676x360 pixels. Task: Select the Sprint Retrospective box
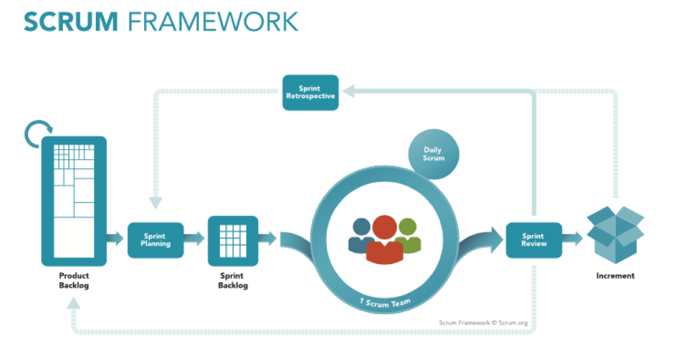coord(310,92)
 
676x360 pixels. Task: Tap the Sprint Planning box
coord(155,239)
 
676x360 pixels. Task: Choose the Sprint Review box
coord(534,239)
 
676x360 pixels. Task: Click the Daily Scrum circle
coord(434,154)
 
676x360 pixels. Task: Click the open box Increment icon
coord(615,233)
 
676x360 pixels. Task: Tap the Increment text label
coord(615,275)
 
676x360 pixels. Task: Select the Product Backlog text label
coord(73,280)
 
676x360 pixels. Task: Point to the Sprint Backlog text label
coord(233,280)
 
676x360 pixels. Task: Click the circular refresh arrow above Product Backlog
coord(39,134)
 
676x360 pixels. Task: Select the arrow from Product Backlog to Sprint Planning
coord(116,239)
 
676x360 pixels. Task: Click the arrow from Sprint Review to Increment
coord(572,239)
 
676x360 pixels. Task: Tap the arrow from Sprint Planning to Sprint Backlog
coord(195,239)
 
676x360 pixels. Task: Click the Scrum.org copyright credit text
coord(483,322)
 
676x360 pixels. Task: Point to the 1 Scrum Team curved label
coord(384,302)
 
